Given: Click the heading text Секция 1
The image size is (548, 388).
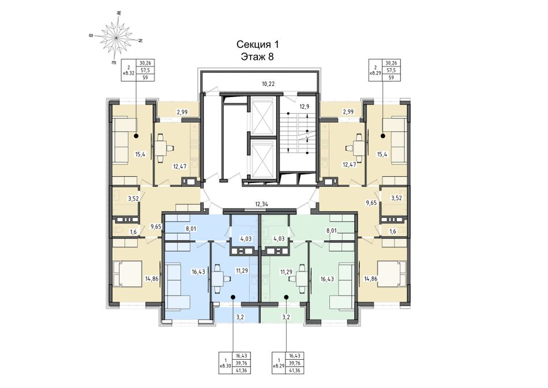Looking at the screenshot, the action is pyautogui.click(x=258, y=44).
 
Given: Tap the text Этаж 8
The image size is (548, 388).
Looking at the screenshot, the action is pyautogui.click(x=257, y=57).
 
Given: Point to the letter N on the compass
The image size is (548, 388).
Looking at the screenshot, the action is pyautogui.click(x=141, y=40).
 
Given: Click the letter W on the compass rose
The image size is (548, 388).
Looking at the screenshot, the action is pyautogui.click(x=119, y=13).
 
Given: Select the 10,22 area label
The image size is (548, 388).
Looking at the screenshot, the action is pyautogui.click(x=268, y=84).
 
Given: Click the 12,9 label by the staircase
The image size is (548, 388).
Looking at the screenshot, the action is pyautogui.click(x=305, y=107).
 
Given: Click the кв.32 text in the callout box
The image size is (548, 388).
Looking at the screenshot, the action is pyautogui.click(x=129, y=73).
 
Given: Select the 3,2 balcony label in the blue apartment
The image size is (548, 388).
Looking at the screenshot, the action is pyautogui.click(x=240, y=318).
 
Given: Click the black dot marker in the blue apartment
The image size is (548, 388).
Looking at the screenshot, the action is pyautogui.click(x=232, y=297).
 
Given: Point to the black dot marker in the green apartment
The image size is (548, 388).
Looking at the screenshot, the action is pyautogui.click(x=286, y=297).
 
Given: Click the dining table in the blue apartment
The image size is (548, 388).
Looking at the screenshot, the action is pyautogui.click(x=219, y=279).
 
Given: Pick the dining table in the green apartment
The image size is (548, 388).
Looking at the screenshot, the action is pyautogui.click(x=300, y=279).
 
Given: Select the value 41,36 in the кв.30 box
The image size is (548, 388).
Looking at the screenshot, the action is pyautogui.click(x=242, y=370).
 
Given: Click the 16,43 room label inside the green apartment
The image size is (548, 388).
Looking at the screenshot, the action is pyautogui.click(x=326, y=279).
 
